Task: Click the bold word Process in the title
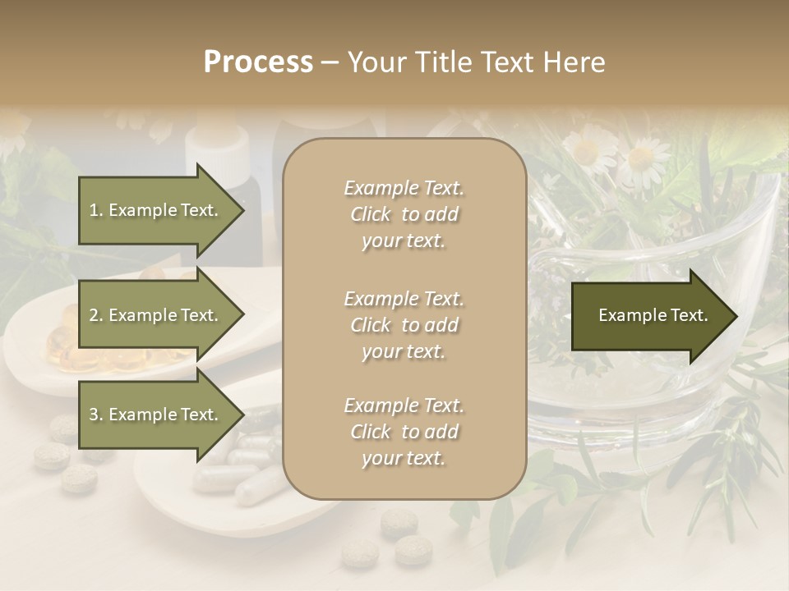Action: pos(258,62)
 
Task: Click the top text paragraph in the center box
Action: pos(404,214)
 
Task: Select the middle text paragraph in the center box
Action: pos(404,325)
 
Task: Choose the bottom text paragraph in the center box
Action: pos(404,432)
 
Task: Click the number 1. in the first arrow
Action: pos(96,210)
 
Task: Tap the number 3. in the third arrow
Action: pos(96,415)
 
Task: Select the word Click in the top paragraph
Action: pos(371,214)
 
